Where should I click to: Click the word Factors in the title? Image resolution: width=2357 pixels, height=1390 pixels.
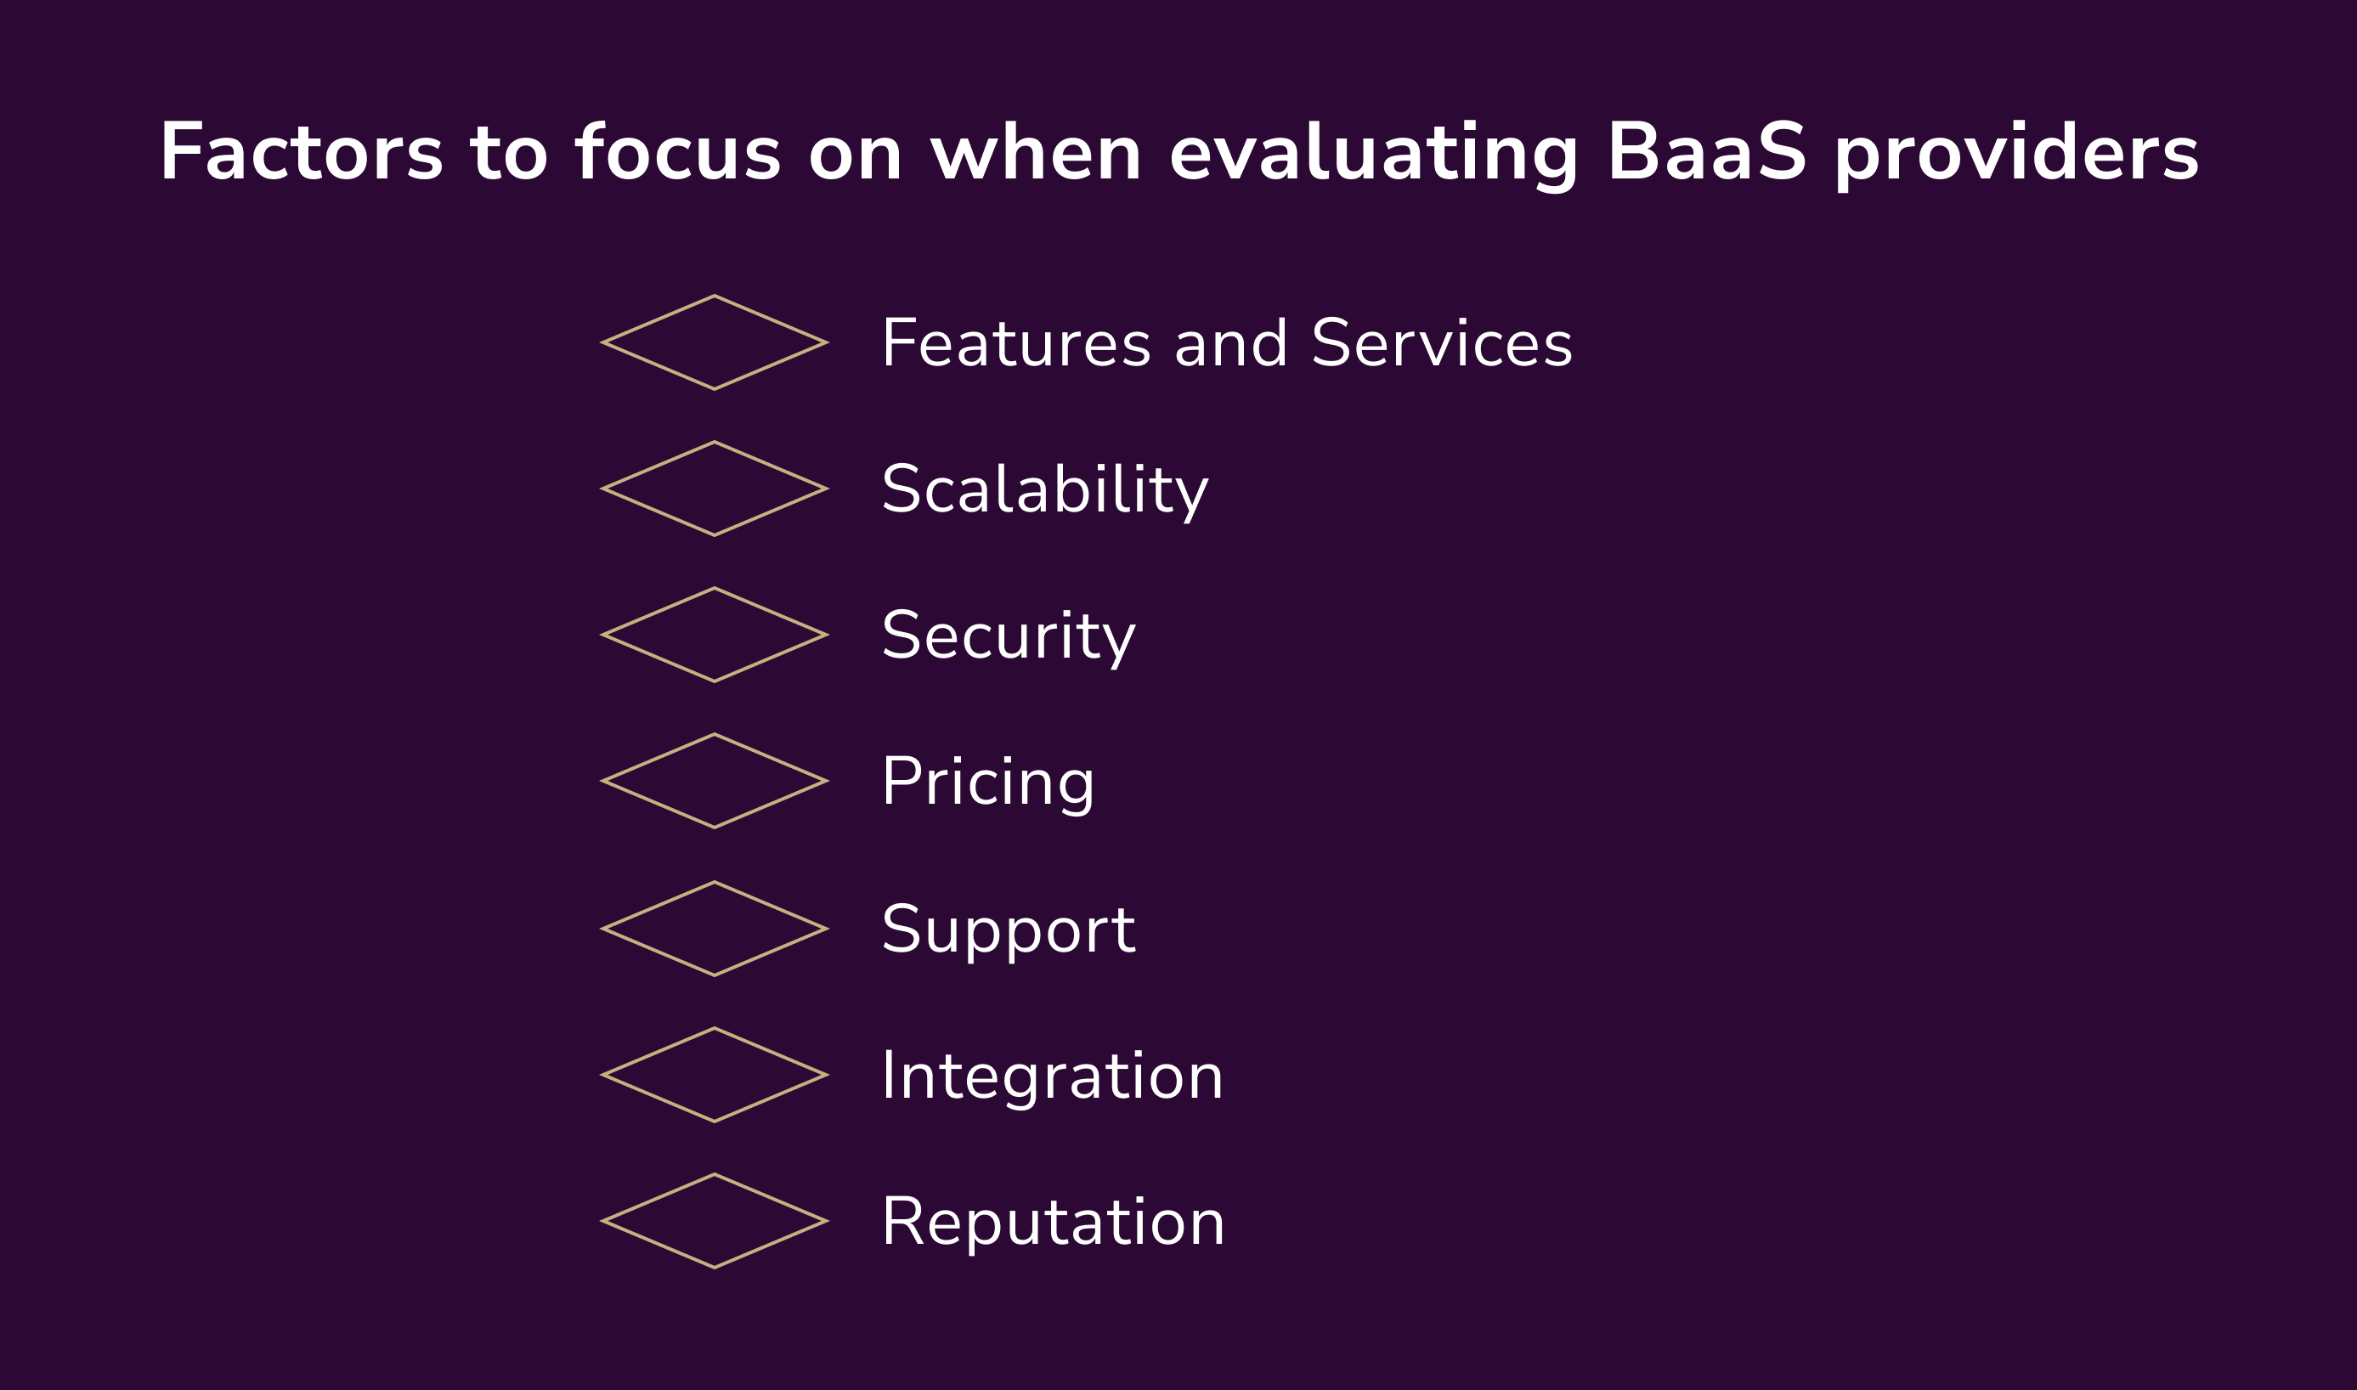click(x=301, y=152)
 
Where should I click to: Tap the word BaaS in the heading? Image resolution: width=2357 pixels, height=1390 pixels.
click(x=1706, y=152)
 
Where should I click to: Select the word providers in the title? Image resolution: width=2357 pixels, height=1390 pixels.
click(x=2016, y=152)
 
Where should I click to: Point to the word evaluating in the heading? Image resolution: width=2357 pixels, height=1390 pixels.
click(x=1374, y=152)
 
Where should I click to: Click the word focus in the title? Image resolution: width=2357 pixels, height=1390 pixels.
click(x=677, y=152)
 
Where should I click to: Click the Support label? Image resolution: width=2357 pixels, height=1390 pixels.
click(x=1008, y=929)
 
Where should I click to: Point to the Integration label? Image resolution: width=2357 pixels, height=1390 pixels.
click(x=1052, y=1076)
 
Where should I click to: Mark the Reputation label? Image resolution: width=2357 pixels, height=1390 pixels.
click(x=1053, y=1222)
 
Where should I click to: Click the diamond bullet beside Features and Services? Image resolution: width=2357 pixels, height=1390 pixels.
click(x=715, y=342)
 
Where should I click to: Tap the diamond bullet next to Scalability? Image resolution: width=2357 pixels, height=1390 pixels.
click(x=715, y=489)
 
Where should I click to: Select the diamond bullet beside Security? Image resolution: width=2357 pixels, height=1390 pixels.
click(x=715, y=635)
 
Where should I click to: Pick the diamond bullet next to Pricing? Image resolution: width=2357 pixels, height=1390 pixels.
click(x=715, y=781)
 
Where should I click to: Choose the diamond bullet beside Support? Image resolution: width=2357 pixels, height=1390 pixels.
click(x=715, y=929)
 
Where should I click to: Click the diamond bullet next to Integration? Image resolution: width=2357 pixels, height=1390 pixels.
click(x=715, y=1076)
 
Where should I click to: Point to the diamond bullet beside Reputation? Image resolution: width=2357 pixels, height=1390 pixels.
click(x=715, y=1222)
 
